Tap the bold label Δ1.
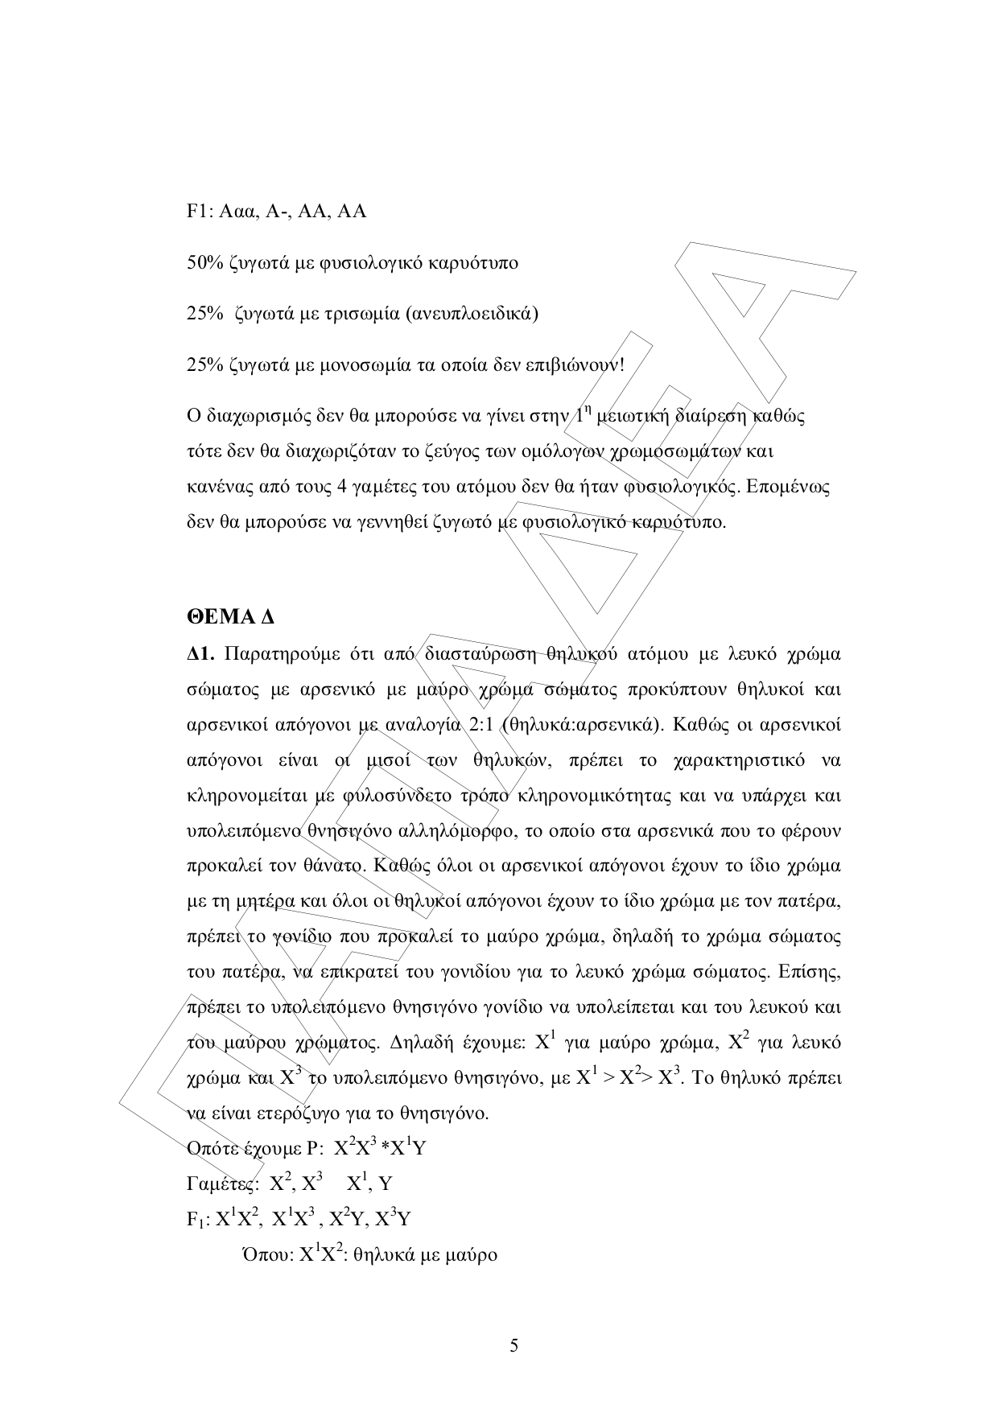click(200, 653)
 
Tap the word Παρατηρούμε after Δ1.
click(278, 653)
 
